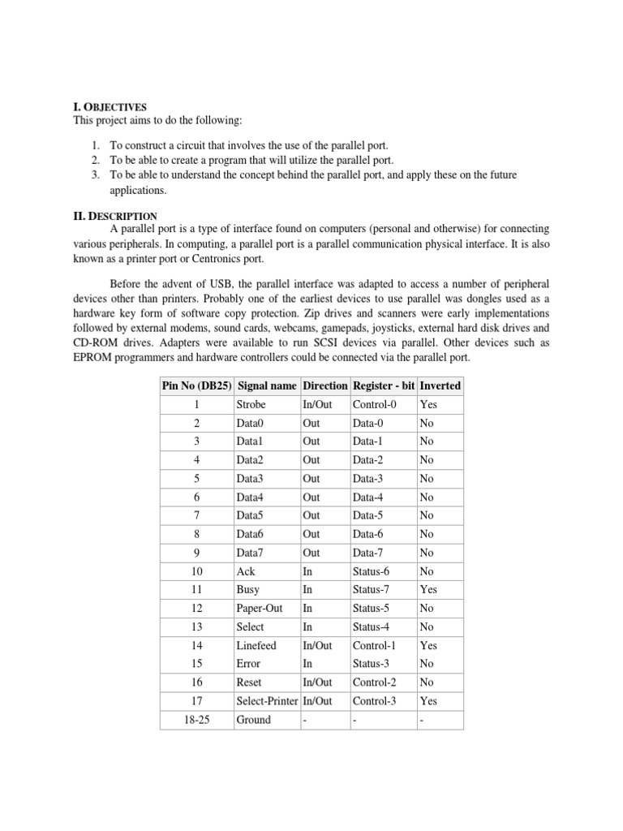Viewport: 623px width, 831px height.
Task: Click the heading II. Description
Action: [x=113, y=216]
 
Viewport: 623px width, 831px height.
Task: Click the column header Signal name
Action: [x=267, y=385]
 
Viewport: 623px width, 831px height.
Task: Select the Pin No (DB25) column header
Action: [x=197, y=385]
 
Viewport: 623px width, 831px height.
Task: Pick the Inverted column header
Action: [x=439, y=385]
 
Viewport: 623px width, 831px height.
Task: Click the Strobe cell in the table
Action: [x=251, y=404]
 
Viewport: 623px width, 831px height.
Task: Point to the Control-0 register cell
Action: [x=374, y=404]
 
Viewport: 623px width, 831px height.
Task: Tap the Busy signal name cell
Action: [x=247, y=590]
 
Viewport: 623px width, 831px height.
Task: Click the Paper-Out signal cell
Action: [x=257, y=609]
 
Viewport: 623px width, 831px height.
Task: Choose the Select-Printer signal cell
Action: [x=267, y=701]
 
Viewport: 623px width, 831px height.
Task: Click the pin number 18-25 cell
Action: [x=197, y=720]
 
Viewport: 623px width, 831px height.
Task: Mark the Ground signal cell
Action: [x=253, y=720]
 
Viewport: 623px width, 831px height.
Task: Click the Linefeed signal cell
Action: [x=256, y=645]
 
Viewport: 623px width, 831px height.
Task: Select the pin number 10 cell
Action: [x=197, y=571]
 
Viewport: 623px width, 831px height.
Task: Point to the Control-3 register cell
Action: [x=374, y=701]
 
